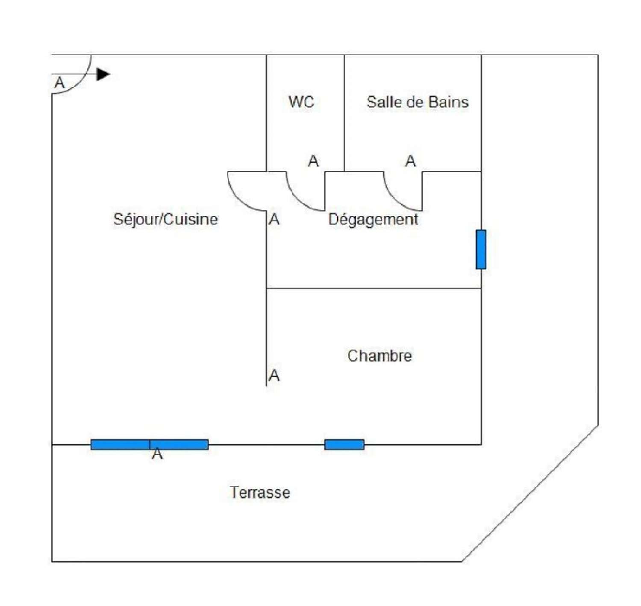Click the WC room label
(301, 102)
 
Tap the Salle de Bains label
(418, 102)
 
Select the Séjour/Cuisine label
(165, 219)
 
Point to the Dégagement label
(373, 219)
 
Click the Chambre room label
(379, 356)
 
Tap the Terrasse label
(260, 492)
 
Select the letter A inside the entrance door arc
(59, 82)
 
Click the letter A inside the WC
(313, 161)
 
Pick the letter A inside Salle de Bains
(410, 161)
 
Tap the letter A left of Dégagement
(274, 219)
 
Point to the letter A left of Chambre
(274, 375)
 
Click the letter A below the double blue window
(157, 453)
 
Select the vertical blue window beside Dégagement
(481, 250)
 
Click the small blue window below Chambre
(344, 444)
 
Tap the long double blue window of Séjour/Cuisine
(149, 444)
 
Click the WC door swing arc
(298, 200)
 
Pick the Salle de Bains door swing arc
(395, 200)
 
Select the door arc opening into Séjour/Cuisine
(239, 200)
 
